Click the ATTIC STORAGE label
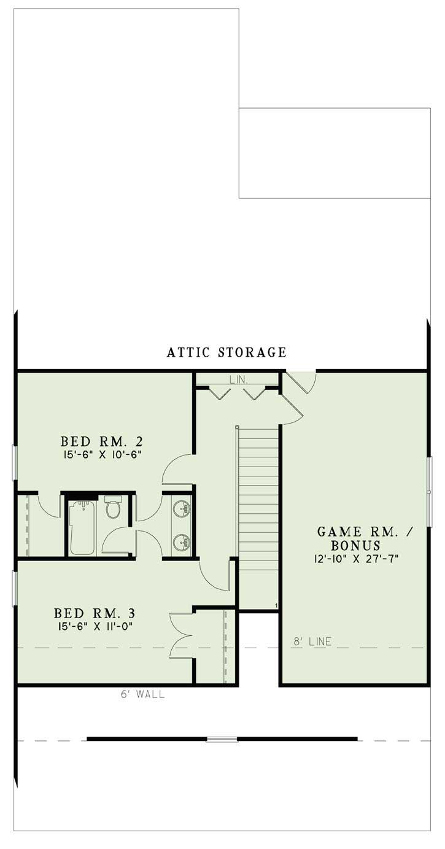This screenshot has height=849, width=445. [x=226, y=352]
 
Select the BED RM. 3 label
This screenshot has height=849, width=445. [x=95, y=613]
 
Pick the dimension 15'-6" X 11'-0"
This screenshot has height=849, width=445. [x=95, y=626]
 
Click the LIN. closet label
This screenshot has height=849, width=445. [x=238, y=381]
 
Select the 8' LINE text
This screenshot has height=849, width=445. [x=312, y=642]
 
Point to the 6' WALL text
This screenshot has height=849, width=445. [x=142, y=696]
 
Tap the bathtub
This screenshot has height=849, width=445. [x=80, y=526]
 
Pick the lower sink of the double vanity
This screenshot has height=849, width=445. [x=180, y=542]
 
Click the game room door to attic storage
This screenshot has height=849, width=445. [x=302, y=381]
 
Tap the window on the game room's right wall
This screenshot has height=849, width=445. [x=430, y=491]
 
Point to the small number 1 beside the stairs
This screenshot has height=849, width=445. [x=277, y=606]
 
